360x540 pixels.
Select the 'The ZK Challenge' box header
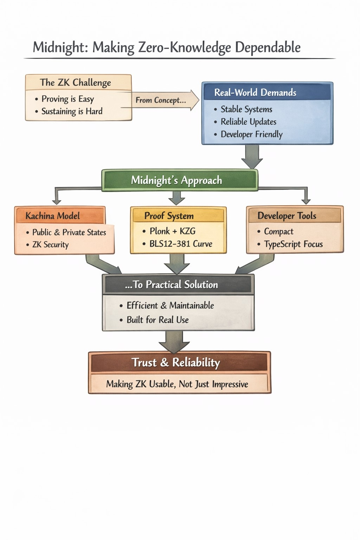(x=75, y=83)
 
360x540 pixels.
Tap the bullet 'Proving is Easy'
(x=67, y=99)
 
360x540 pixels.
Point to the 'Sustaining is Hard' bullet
(x=72, y=111)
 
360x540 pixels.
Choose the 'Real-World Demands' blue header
(x=255, y=92)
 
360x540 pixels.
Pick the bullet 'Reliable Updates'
(x=248, y=122)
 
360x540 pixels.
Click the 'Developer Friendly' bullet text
(x=251, y=134)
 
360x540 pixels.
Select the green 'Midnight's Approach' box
(x=176, y=180)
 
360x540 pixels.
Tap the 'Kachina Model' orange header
(x=53, y=216)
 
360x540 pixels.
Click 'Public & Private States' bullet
(x=69, y=232)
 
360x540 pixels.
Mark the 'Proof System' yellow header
(x=169, y=216)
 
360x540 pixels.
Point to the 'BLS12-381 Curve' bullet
(x=181, y=244)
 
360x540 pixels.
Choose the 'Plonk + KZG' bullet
(x=172, y=231)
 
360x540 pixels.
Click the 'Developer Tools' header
(x=287, y=216)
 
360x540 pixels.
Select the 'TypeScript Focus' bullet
(x=293, y=244)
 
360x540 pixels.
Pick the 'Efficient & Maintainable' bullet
(x=170, y=306)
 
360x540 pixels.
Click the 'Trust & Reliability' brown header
(x=176, y=362)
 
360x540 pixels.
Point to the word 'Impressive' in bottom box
(x=230, y=384)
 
